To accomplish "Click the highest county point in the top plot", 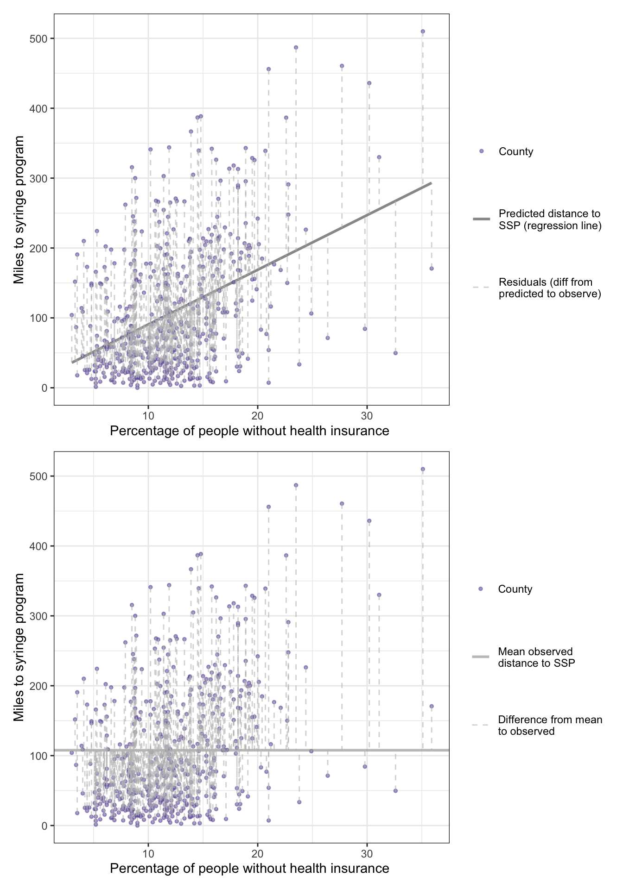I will click(x=422, y=31).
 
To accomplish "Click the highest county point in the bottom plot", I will click(x=422, y=469).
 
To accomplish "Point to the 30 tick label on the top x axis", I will click(x=367, y=413).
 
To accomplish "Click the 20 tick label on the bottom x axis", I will click(x=257, y=851).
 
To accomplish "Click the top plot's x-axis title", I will click(x=249, y=431).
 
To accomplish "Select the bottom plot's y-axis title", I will click(x=19, y=647).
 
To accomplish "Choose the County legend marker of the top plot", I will click(x=481, y=151).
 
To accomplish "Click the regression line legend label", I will click(x=550, y=219).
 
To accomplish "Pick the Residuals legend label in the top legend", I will click(x=550, y=288).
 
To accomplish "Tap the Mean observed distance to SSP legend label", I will click(x=536, y=657).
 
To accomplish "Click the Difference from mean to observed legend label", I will click(x=550, y=726).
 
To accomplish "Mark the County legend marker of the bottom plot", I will click(x=480, y=589).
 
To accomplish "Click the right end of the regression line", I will click(x=431, y=183).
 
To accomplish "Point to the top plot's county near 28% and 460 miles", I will click(x=342, y=66).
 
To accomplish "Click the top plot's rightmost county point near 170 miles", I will click(x=431, y=269).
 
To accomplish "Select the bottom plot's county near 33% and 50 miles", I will click(x=395, y=790).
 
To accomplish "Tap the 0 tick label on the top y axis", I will click(x=44, y=388).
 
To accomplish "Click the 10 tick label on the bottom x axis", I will click(x=148, y=851).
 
